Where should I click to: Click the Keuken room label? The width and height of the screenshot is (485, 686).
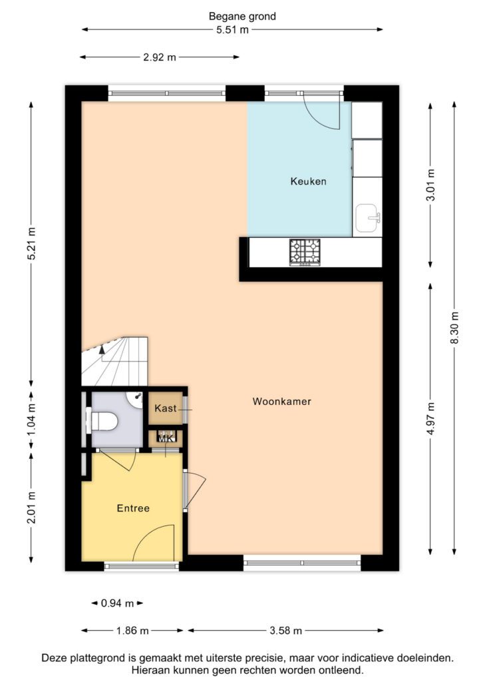308,181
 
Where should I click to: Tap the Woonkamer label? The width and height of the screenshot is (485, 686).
282,401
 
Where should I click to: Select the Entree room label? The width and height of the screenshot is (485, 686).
133,508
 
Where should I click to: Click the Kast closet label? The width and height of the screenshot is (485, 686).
166,408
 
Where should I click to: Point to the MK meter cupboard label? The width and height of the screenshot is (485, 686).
166,438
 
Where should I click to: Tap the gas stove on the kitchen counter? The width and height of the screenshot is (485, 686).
305,252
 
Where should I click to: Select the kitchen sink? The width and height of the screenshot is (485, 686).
368,218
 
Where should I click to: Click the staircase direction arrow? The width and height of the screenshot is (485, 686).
102,349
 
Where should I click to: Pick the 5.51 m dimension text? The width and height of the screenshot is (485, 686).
232,30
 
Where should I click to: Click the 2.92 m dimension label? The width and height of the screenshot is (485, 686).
160,57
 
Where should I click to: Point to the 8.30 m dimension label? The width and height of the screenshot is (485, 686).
454,327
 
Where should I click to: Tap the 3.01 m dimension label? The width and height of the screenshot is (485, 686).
430,184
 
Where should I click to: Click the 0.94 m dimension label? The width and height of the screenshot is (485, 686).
117,603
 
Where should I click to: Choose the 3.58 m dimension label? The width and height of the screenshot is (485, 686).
286,631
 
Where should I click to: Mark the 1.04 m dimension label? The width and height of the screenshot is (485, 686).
31,420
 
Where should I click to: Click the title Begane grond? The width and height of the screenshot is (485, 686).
242,17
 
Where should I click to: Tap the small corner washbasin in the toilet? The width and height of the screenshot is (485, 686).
136,398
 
